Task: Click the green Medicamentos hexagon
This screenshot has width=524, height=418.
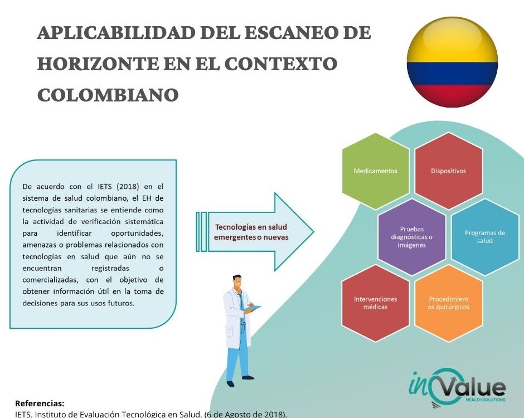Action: click(x=376, y=171)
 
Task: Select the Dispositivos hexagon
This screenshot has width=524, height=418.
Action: click(x=449, y=171)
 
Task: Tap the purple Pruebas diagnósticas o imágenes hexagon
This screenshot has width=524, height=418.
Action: click(x=412, y=237)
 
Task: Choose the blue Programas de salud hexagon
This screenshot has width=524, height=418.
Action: click(x=485, y=237)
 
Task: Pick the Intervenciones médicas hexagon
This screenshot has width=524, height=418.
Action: click(x=376, y=303)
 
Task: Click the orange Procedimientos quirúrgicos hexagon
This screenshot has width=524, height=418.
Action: click(x=449, y=303)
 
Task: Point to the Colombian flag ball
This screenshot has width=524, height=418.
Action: click(x=452, y=62)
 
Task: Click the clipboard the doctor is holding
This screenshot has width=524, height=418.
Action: click(x=253, y=308)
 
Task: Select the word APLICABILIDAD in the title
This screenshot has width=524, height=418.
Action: click(x=117, y=33)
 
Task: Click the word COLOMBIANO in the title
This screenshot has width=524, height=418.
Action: click(x=108, y=95)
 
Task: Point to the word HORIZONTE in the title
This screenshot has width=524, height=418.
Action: click(x=98, y=64)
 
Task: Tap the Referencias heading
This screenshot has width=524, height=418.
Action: click(x=40, y=403)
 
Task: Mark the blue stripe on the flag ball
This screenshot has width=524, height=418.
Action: click(x=452, y=74)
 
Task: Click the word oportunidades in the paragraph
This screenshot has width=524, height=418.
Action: click(x=137, y=233)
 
